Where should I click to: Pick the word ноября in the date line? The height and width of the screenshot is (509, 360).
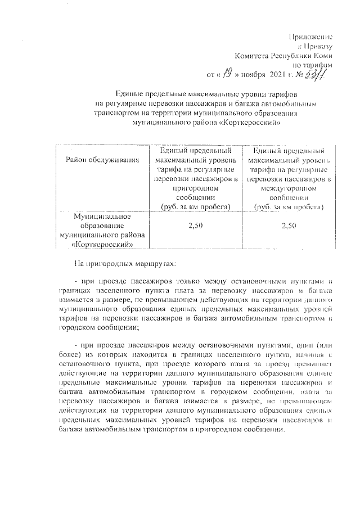[x=254, y=74]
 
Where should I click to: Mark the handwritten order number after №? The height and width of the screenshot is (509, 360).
[x=319, y=71]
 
